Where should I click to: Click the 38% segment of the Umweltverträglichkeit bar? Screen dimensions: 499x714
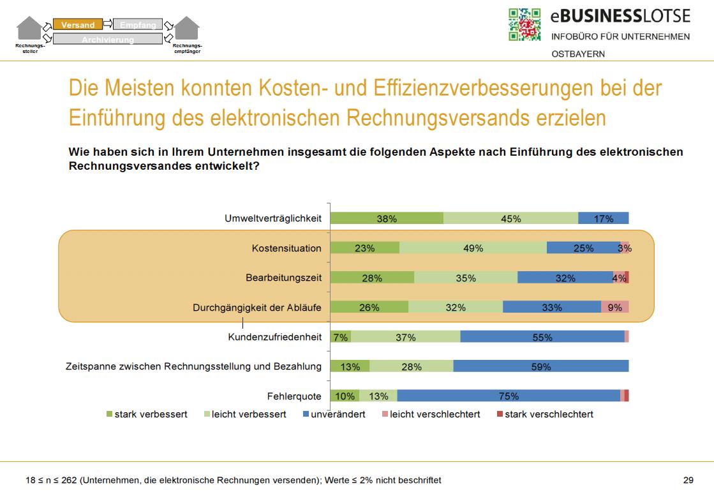click(x=387, y=218)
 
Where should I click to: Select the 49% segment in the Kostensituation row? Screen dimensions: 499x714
click(x=473, y=248)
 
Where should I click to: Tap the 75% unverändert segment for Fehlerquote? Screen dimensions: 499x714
click(x=509, y=396)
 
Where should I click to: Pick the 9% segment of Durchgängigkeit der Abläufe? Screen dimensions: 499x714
click(x=614, y=307)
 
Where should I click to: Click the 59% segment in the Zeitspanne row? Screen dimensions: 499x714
click(x=541, y=366)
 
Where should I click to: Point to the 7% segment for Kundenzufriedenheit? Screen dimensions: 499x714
click(x=341, y=337)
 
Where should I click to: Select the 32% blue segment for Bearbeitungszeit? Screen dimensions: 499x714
click(x=565, y=278)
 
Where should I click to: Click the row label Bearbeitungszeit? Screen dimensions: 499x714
click(x=283, y=278)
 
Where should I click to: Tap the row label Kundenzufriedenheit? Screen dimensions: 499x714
click(x=274, y=337)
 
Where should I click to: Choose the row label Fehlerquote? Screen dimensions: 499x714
click(x=294, y=396)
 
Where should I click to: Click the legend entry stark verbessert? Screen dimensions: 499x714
click(x=151, y=414)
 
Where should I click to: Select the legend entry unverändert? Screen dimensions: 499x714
click(x=338, y=414)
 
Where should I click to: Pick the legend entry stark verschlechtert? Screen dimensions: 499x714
click(x=549, y=414)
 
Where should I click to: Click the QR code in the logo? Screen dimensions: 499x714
click(x=524, y=25)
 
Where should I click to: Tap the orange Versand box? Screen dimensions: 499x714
click(x=77, y=25)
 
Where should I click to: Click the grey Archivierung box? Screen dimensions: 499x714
click(x=107, y=40)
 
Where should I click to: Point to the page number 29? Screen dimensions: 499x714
click(x=688, y=480)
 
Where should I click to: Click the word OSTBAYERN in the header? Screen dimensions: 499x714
click(x=578, y=54)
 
